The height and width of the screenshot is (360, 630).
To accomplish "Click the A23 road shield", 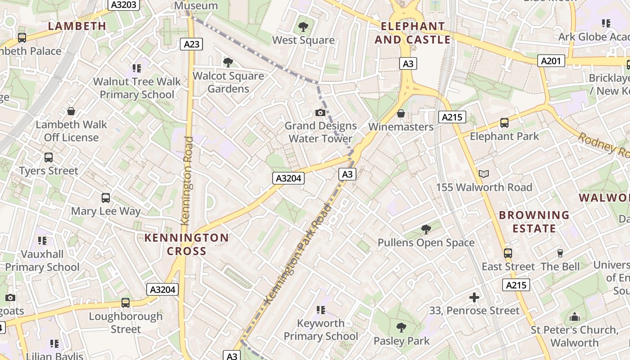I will tap(191, 44).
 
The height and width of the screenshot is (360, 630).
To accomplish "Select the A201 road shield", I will tap(551, 60).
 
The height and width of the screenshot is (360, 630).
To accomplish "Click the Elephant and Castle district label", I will tap(413, 33).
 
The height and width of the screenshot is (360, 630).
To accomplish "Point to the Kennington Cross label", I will tap(186, 244).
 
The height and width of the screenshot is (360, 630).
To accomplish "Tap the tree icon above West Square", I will tap(303, 27).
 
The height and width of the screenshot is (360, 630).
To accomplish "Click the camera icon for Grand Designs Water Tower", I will tap(320, 112).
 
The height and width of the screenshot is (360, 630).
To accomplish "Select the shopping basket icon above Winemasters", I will tap(400, 113).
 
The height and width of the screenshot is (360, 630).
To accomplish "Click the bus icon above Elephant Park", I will tap(504, 123).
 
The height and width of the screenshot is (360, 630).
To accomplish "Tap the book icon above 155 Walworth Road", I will tap(484, 174).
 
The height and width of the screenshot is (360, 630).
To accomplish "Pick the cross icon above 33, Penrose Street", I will tap(474, 297).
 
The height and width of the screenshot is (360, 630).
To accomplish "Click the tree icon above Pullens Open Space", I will tap(426, 229).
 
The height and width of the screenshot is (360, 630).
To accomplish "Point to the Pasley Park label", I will tap(401, 341).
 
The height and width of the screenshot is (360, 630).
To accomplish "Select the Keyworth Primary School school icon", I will tap(320, 310).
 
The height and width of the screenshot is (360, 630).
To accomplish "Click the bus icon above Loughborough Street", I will tap(126, 303).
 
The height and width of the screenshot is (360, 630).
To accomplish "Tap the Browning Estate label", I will tap(534, 222).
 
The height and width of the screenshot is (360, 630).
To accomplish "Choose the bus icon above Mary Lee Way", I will tap(106, 198).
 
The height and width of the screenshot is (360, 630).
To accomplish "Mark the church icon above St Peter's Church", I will tap(575, 317).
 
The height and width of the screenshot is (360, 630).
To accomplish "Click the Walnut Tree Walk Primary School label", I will tap(137, 88).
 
